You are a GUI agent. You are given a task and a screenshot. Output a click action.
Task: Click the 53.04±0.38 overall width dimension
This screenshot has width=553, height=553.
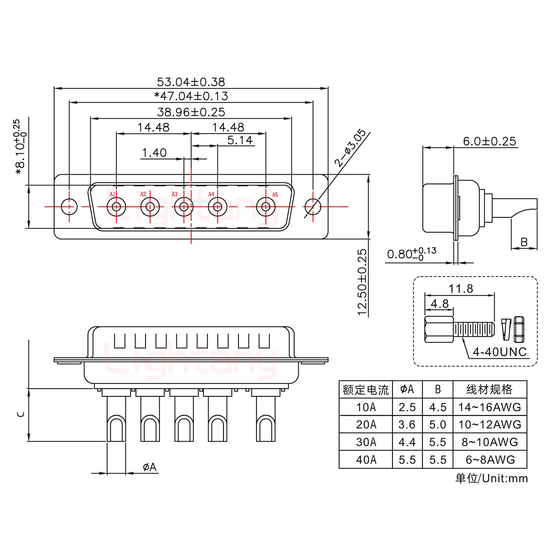[x=191, y=82]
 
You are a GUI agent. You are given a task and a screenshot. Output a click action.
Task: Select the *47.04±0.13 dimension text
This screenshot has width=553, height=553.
[x=191, y=96]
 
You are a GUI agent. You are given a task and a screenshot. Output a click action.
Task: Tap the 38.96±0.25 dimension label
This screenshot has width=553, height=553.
[x=191, y=112]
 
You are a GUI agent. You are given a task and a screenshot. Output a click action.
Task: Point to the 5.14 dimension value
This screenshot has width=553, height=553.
[x=240, y=140]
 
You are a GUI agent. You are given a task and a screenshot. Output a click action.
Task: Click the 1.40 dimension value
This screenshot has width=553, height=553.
[x=154, y=153]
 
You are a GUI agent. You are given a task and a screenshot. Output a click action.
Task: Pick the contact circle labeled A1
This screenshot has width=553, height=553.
[x=116, y=207]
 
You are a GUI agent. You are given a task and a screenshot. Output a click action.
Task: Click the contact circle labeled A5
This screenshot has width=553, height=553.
[x=265, y=207]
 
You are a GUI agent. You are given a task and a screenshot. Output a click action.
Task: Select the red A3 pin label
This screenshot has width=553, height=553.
[x=175, y=194]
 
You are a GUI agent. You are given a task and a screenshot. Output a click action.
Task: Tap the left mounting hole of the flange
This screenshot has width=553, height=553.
[x=69, y=207]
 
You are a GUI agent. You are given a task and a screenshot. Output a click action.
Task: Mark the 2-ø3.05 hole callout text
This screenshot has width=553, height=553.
[x=350, y=148]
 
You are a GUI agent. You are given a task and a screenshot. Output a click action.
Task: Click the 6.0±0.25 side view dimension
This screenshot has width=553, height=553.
[x=489, y=141]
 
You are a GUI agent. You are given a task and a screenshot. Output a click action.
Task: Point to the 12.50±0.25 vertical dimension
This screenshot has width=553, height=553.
[x=363, y=282]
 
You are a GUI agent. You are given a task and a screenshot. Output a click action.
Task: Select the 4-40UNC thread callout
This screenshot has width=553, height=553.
[x=499, y=352]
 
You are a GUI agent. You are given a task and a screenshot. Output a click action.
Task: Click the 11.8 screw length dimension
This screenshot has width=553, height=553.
[x=461, y=288]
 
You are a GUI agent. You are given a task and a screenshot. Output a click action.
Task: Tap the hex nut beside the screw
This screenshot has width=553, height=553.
[x=519, y=329]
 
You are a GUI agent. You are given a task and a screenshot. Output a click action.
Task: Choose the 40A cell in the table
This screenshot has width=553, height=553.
[x=366, y=460]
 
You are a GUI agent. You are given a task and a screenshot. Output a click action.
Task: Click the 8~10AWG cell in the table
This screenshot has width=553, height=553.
[x=490, y=442]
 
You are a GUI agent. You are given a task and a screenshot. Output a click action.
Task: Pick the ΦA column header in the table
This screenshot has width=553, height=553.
[x=407, y=389]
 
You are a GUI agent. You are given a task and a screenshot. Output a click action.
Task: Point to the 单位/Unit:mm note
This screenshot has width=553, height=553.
[x=492, y=478]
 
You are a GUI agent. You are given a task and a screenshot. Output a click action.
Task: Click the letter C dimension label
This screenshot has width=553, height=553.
[x=21, y=414]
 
